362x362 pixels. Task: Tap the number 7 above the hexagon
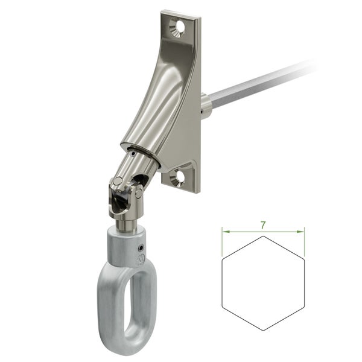coord(263,224)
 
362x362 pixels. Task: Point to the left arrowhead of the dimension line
coord(224,230)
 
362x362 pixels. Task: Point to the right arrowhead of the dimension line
coord(302,230)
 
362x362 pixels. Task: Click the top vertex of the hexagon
coord(263,237)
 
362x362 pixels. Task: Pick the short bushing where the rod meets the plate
coord(206,105)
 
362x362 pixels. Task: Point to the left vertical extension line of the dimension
coord(222,241)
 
